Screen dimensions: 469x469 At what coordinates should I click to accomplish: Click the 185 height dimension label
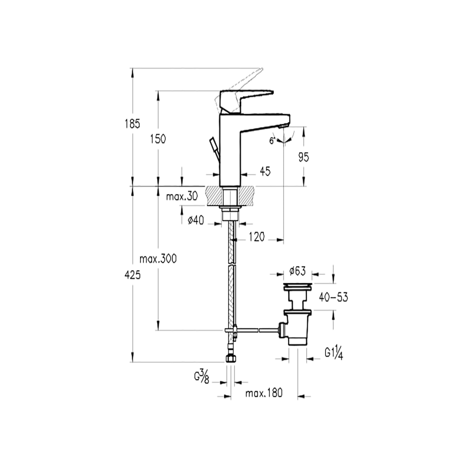point(132,123)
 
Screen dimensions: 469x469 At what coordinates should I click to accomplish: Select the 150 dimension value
point(158,139)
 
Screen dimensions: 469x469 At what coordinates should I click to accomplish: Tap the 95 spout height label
point(303,157)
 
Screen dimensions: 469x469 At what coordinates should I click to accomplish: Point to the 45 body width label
point(265,171)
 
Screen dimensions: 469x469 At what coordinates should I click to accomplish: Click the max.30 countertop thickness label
point(182,197)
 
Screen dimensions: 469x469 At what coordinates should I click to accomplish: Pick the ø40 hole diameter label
point(196,220)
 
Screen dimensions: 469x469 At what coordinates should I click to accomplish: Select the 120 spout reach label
point(257,237)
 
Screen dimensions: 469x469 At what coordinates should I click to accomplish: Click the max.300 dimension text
point(158,259)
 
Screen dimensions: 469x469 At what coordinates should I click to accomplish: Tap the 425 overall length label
point(132,275)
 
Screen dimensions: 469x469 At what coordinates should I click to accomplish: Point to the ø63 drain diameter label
point(298,271)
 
